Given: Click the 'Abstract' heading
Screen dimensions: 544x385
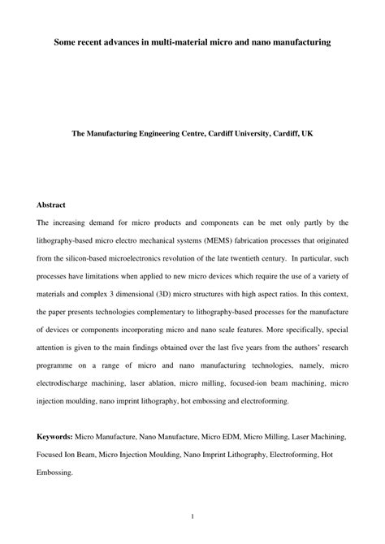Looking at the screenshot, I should (x=51, y=204).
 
